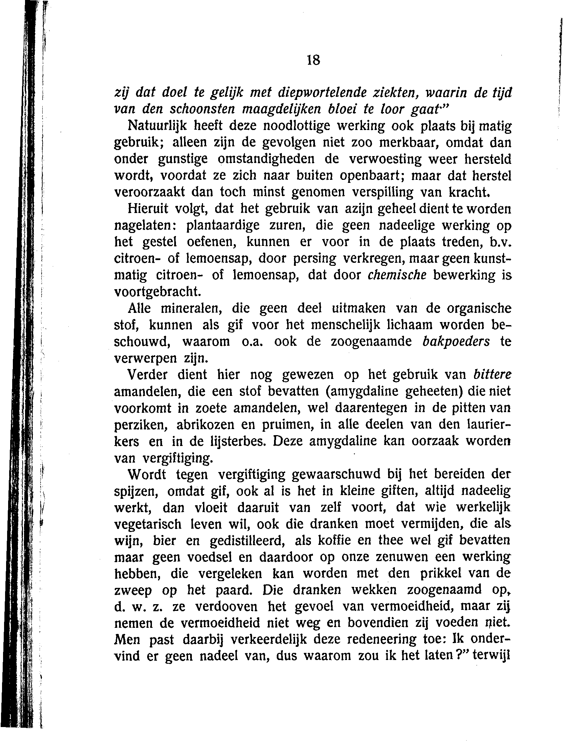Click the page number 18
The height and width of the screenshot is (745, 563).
coord(313,60)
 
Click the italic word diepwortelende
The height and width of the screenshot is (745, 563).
coord(312,92)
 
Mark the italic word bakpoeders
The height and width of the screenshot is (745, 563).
coord(456,341)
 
